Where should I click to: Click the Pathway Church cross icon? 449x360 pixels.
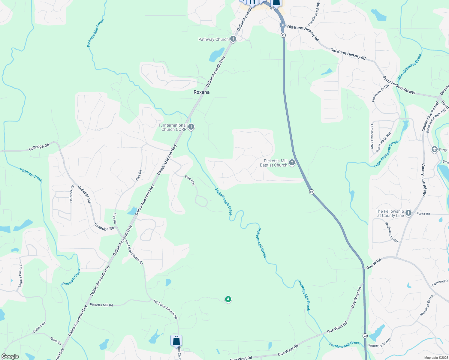click(233, 39)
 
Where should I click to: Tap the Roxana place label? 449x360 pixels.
click(201, 92)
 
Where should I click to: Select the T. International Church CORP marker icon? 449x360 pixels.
click(191, 127)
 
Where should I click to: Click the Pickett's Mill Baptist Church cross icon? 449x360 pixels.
click(292, 163)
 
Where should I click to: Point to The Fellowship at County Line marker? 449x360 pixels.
click(408, 213)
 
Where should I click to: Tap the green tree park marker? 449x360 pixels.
click(228, 299)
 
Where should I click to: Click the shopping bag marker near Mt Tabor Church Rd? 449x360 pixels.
click(176, 341)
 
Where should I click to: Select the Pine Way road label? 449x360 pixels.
click(190, 180)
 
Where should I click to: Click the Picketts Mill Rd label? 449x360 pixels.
click(101, 305)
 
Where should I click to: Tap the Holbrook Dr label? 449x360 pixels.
click(71, 194)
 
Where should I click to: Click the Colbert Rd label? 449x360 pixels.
click(39, 327)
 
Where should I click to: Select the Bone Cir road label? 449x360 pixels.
click(56, 341)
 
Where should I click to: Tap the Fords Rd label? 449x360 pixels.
click(423, 214)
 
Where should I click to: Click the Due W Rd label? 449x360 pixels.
click(374, 264)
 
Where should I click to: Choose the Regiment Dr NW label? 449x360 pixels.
click(392, 232)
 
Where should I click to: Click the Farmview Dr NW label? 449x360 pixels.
click(380, 93)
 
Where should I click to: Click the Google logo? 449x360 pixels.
click(10, 356)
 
